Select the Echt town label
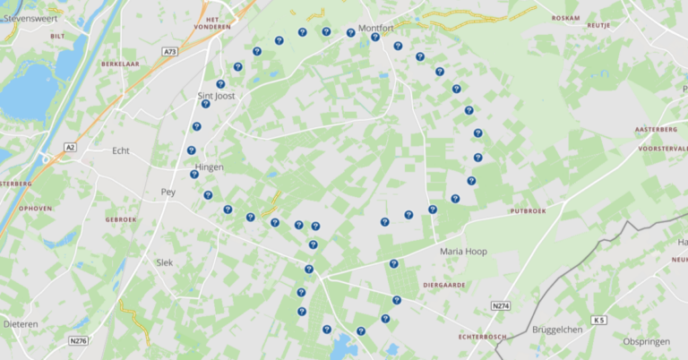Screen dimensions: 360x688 (120, 150)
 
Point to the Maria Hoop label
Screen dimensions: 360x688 (463, 252)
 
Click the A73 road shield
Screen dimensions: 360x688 (170, 53)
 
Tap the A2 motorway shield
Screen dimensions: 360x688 (70, 147)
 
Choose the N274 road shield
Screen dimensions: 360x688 (501, 306)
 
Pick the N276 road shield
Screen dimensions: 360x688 (79, 340)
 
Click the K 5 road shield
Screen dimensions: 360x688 (598, 320)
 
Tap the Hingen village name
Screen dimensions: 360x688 (209, 167)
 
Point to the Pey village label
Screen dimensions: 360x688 (168, 192)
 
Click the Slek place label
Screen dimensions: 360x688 (164, 262)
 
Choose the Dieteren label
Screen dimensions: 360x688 (20, 323)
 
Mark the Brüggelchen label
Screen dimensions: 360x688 (557, 330)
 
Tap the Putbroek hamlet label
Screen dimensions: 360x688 (527, 211)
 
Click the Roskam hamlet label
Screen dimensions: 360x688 (565, 17)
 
